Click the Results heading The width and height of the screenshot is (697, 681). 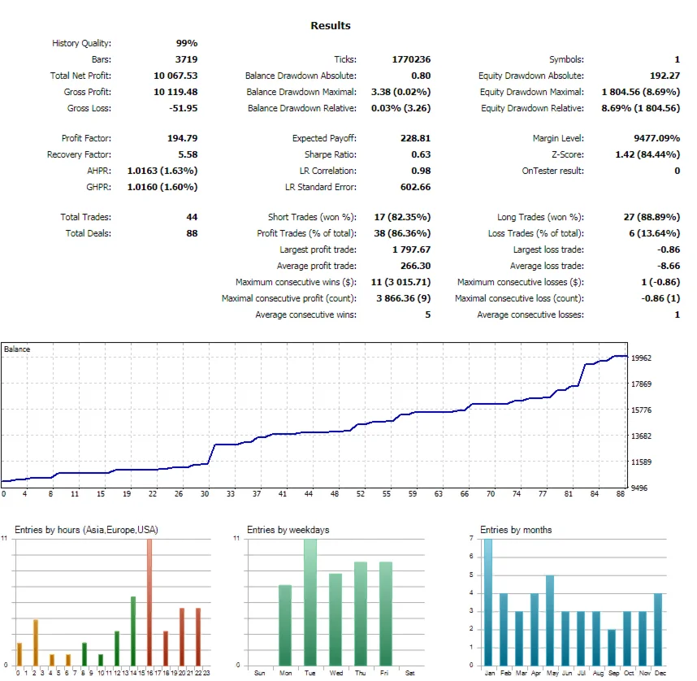pyautogui.click(x=331, y=25)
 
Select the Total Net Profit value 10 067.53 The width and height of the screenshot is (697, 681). pyautogui.click(x=175, y=76)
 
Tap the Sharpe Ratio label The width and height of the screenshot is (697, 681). pyautogui.click(x=328, y=154)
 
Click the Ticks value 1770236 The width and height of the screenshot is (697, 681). pyautogui.click(x=410, y=59)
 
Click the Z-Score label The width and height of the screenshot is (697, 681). pyautogui.click(x=565, y=154)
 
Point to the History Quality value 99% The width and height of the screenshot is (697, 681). pyautogui.click(x=187, y=43)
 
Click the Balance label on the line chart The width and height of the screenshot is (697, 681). pyautogui.click(x=17, y=349)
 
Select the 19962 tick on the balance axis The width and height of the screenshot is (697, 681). pyautogui.click(x=642, y=358)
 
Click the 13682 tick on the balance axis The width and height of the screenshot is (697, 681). pyautogui.click(x=642, y=436)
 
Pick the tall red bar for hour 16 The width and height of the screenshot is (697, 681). pyautogui.click(x=149, y=601)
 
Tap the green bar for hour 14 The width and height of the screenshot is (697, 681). pyautogui.click(x=132, y=631)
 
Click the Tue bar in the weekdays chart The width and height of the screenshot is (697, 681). pyautogui.click(x=310, y=601)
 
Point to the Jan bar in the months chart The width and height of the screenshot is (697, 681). pyautogui.click(x=488, y=601)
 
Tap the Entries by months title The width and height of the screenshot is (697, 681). pyautogui.click(x=516, y=530)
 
